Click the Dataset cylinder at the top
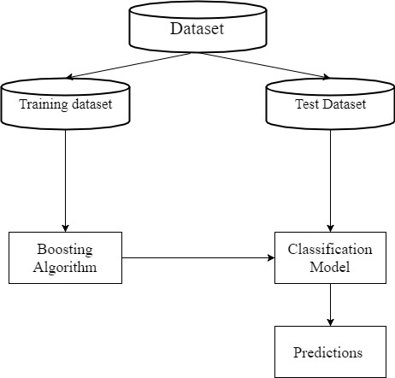(197, 27)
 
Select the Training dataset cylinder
(66, 103)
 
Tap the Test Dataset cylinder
(330, 103)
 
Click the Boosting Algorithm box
(65, 257)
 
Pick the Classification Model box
(330, 257)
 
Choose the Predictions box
(330, 351)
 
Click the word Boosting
(65, 250)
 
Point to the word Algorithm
(65, 267)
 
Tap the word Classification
(330, 249)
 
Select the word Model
(330, 267)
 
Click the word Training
(44, 104)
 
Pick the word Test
(307, 103)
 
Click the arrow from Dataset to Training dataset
(128, 65)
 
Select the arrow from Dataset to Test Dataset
(266, 65)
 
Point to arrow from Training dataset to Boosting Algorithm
(65, 180)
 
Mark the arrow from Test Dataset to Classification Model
(330, 180)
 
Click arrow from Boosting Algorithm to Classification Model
(198, 257)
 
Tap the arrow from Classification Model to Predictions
(330, 304)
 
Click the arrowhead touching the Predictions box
(330, 322)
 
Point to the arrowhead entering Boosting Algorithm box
(65, 228)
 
